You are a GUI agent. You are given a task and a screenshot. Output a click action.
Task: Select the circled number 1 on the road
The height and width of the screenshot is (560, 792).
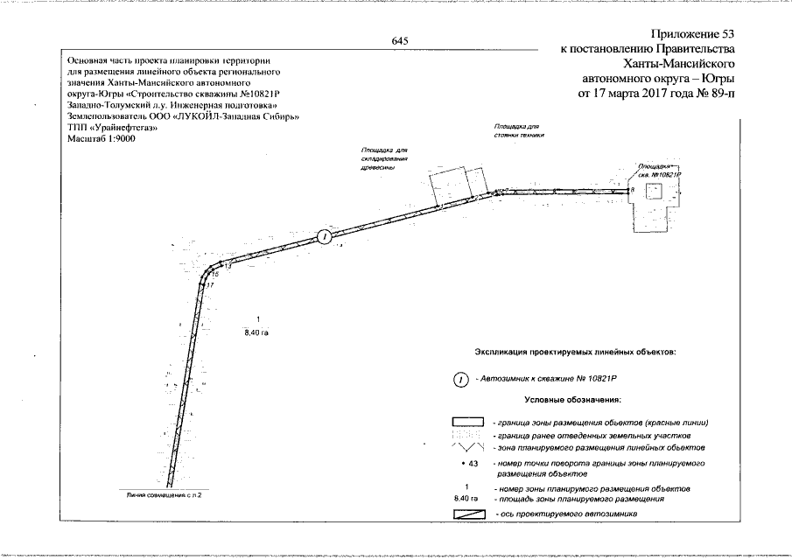[x=324, y=235]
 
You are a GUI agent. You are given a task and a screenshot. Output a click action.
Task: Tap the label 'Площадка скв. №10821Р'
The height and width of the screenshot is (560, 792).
[x=658, y=169]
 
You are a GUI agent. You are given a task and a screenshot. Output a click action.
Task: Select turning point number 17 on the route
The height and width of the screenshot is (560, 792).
[x=209, y=285]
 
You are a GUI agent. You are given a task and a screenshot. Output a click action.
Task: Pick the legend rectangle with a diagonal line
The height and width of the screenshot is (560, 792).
[x=468, y=514]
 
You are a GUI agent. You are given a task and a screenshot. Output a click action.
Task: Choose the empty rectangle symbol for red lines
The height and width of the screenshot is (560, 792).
[x=468, y=423]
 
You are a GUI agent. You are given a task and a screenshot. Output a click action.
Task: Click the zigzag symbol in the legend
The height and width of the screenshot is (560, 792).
[x=468, y=447]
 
